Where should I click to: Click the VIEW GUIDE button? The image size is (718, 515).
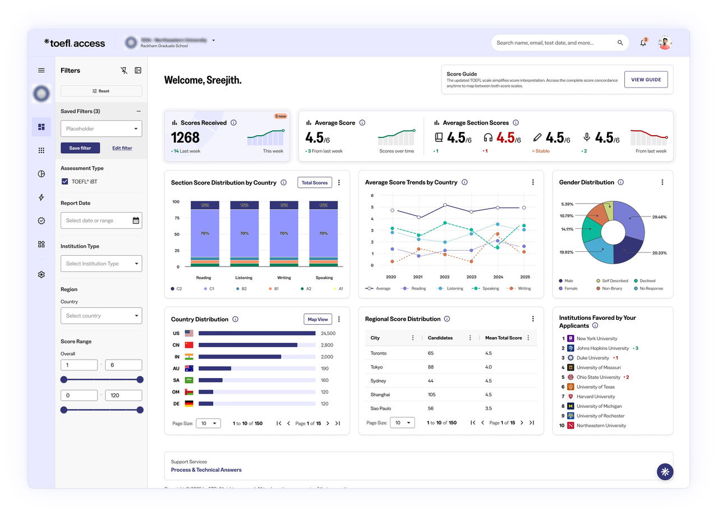(x=646, y=80)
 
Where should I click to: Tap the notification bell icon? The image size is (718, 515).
(x=643, y=43)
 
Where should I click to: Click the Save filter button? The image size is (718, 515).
(x=80, y=148)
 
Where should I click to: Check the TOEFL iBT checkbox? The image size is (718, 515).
(x=65, y=182)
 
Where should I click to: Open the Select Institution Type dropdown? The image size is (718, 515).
(x=101, y=264)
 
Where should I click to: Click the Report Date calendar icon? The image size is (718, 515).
(x=136, y=220)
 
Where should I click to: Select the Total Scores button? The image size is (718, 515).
(x=314, y=183)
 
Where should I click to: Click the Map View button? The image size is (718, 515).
(x=317, y=319)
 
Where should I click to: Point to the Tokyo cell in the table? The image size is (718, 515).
(x=377, y=367)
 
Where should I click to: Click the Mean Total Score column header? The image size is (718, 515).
(x=503, y=338)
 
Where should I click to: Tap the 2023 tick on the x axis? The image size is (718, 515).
(x=471, y=277)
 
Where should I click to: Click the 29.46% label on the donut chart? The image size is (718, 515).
(x=659, y=217)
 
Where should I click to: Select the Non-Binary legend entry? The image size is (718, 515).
(x=613, y=288)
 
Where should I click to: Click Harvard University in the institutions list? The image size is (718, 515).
(x=596, y=397)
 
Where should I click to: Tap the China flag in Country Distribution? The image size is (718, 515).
(x=189, y=345)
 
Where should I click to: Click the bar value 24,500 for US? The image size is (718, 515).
(x=328, y=333)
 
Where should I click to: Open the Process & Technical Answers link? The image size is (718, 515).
(x=206, y=470)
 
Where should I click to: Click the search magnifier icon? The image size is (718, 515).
(x=620, y=43)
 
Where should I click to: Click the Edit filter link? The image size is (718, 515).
(x=122, y=148)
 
